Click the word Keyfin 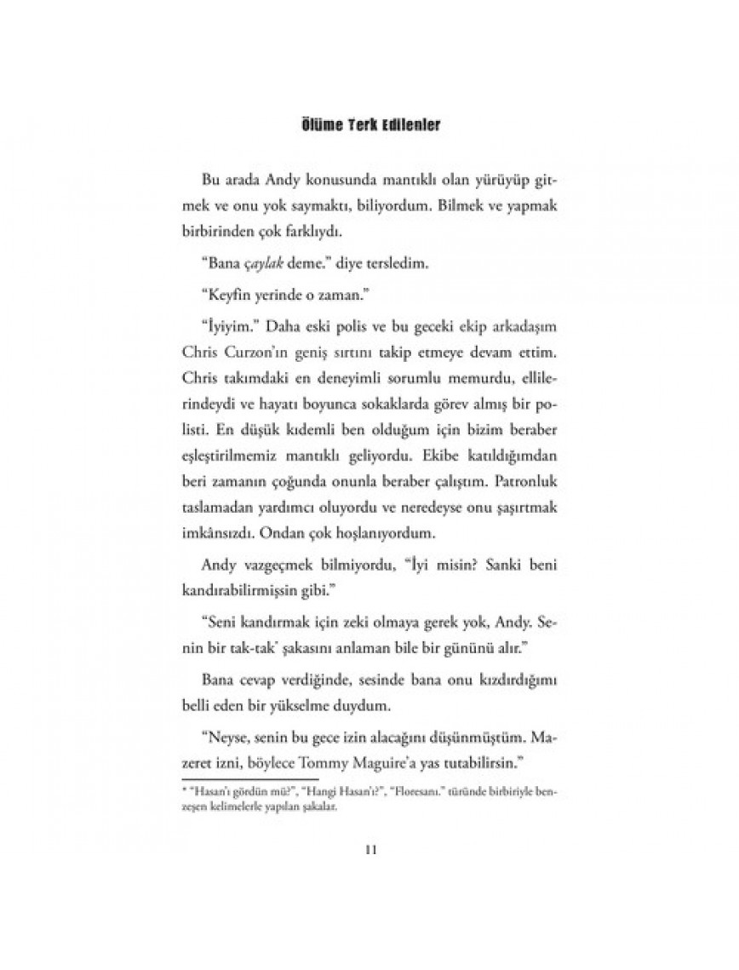click(x=227, y=298)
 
